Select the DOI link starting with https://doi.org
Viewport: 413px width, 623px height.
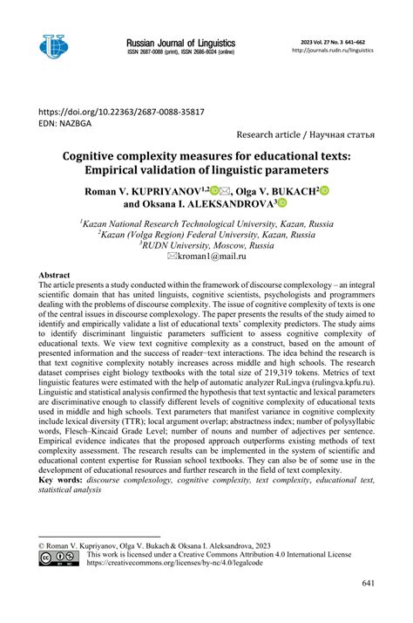(x=119, y=111)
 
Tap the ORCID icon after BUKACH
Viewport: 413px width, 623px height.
(x=325, y=189)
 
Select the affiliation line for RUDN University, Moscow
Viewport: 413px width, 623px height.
(x=207, y=245)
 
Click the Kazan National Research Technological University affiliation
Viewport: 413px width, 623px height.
(x=207, y=222)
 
